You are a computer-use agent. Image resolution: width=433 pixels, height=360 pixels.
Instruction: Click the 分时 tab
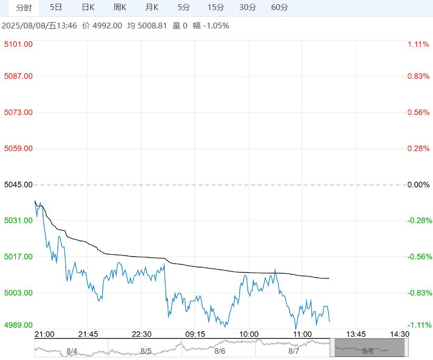coord(24,7)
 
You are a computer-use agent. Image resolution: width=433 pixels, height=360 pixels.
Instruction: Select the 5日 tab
coord(56,7)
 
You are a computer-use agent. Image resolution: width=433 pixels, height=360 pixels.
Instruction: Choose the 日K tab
coord(88,7)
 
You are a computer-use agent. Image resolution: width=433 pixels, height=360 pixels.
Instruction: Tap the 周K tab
coord(120,7)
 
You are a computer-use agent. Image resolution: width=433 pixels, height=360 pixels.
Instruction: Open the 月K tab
coord(152,7)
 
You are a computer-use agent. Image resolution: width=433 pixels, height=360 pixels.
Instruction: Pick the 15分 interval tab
coord(216,7)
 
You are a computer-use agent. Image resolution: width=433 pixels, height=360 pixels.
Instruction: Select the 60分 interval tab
coord(280,7)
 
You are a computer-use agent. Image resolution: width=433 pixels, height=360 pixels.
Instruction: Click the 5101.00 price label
coord(18,44)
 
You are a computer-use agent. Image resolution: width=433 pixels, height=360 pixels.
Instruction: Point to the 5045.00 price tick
coord(18,185)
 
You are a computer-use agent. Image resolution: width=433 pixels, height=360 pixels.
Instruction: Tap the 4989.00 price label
coord(18,325)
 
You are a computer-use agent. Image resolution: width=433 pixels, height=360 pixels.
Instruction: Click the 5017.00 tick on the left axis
coord(18,257)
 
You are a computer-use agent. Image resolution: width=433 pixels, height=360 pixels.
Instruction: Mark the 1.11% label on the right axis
coord(418,44)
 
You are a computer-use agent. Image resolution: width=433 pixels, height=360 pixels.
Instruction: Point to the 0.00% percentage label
coord(419,185)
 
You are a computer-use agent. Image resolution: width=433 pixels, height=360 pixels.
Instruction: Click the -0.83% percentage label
coord(419,293)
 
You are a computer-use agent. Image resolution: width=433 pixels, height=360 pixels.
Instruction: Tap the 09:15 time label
coord(195,334)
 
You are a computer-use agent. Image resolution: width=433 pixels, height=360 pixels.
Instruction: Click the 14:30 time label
coord(399,334)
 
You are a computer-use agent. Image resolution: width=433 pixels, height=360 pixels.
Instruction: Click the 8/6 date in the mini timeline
coord(220,351)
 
